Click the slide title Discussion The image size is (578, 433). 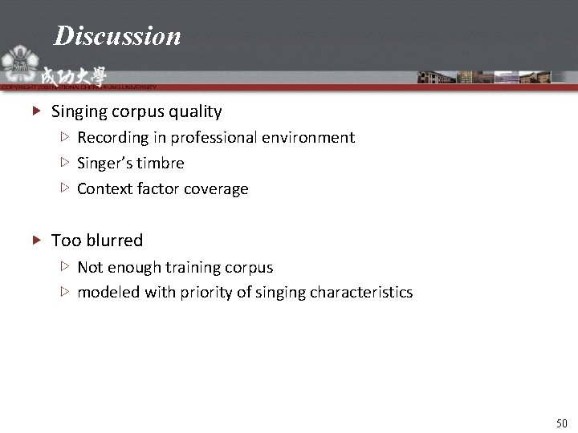click(117, 36)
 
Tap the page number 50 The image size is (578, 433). click(561, 423)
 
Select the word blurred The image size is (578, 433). click(113, 241)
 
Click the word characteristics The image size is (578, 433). click(360, 293)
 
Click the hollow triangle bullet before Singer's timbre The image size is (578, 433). click(65, 163)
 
